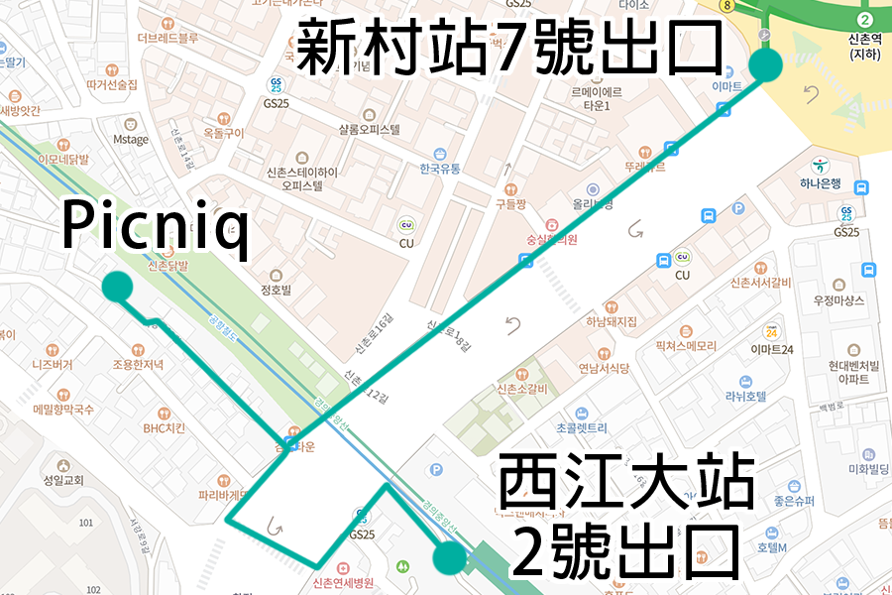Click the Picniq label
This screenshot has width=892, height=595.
pyautogui.click(x=154, y=226)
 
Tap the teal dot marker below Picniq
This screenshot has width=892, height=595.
pyautogui.click(x=117, y=287)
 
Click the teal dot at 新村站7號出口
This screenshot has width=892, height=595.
pyautogui.click(x=765, y=65)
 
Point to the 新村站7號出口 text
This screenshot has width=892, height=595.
pyautogui.click(x=510, y=47)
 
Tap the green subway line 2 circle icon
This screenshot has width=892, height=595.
pyautogui.click(x=864, y=19)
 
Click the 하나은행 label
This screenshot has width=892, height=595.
pyautogui.click(x=822, y=183)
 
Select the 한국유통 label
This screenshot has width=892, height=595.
pyautogui.click(x=440, y=169)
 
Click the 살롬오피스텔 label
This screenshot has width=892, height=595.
pyautogui.click(x=369, y=129)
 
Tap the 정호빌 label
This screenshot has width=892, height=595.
pyautogui.click(x=276, y=291)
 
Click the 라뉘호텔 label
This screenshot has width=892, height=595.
pyautogui.click(x=744, y=396)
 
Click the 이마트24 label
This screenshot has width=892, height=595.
pyautogui.click(x=772, y=349)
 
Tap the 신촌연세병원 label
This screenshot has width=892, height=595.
pyautogui.click(x=342, y=582)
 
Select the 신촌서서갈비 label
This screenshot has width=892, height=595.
pyautogui.click(x=760, y=283)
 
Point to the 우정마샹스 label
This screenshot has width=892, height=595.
pyautogui.click(x=838, y=299)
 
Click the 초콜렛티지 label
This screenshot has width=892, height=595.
pyautogui.click(x=582, y=428)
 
